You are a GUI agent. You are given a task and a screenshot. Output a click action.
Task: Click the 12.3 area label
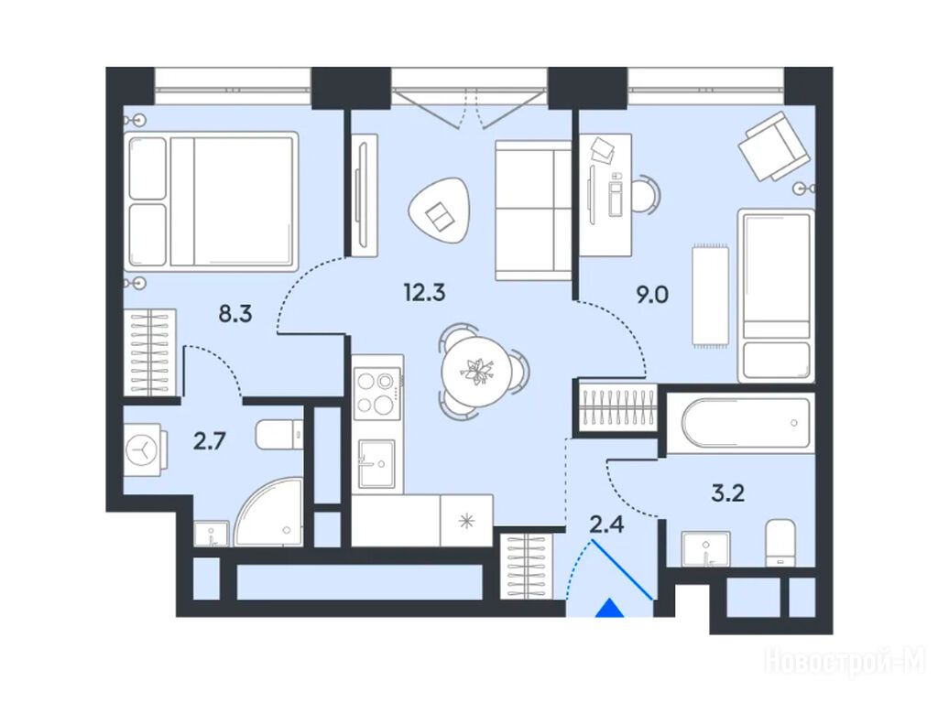[424, 293]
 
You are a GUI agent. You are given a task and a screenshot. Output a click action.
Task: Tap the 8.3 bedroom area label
[235, 313]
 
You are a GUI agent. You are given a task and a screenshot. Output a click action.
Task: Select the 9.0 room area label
[652, 295]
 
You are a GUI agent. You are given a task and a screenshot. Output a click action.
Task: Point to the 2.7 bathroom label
[210, 442]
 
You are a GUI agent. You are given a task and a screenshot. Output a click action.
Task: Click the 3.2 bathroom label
[728, 493]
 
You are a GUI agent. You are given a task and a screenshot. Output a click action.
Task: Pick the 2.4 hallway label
[607, 525]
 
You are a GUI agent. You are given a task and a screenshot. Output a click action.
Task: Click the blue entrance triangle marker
[610, 608]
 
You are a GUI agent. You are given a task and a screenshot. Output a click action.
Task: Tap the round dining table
[476, 372]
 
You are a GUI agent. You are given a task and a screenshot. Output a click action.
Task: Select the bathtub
[740, 423]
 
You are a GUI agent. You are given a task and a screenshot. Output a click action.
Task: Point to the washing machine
[144, 449]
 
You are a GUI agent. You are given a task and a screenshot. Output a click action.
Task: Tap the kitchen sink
[376, 463]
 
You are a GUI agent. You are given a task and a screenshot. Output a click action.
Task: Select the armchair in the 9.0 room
[774, 146]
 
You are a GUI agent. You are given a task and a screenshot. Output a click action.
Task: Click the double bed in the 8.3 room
[212, 201]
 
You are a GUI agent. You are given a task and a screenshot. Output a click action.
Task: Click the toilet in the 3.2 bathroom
[781, 543]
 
